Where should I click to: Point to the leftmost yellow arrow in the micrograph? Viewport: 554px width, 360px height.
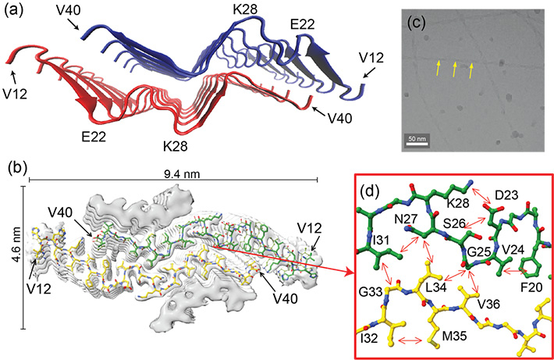[x=438, y=70]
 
